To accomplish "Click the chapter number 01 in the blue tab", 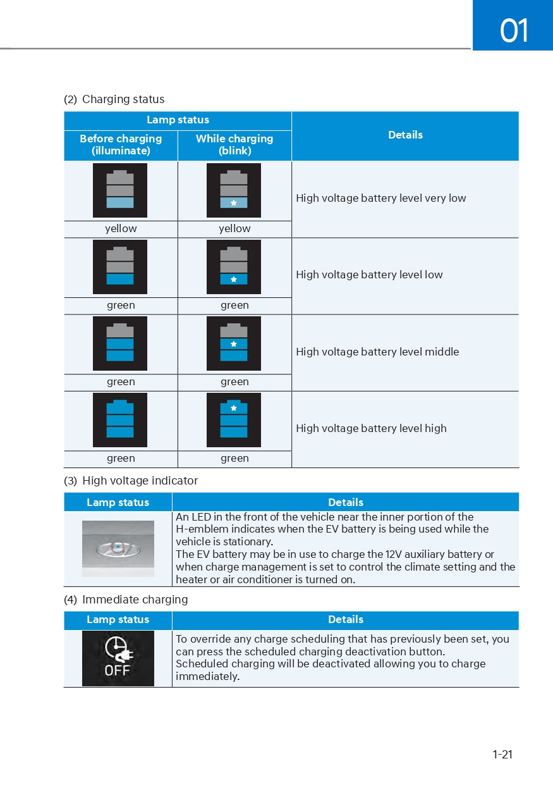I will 514,30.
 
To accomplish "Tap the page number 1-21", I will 502,754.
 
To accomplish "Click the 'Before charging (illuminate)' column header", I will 121,145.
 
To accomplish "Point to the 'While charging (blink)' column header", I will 234,145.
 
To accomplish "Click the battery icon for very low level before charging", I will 120,190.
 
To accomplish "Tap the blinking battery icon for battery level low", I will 234,267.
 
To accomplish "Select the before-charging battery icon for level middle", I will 120,343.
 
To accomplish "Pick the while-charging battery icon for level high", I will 234,420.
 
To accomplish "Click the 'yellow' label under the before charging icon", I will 121,229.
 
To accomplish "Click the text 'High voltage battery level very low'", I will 380,198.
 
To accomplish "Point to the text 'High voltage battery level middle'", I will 377,352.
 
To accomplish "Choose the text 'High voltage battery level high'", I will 371,428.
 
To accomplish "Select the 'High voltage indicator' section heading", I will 140,481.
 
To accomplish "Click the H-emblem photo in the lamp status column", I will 118,548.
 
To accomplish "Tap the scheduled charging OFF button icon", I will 118,658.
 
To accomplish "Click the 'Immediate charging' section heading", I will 135,599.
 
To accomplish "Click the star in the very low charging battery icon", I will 234,203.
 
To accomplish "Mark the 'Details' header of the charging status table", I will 405,135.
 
